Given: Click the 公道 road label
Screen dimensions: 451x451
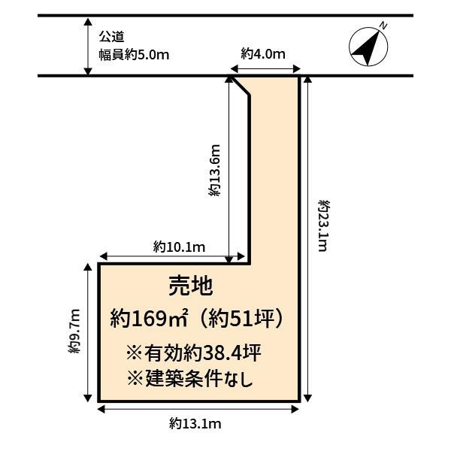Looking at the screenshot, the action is pos(112,37).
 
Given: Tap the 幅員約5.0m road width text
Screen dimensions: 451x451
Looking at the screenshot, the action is pos(134,55).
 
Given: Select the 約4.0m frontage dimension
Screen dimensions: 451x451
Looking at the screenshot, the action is pos(263,54).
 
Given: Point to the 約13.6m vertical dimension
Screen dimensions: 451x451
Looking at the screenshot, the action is pos(214,171).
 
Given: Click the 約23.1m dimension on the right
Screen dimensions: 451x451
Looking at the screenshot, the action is pos(324,225).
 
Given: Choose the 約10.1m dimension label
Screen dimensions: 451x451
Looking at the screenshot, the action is pos(179,247).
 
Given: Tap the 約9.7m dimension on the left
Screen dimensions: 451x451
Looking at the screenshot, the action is pos(74,331).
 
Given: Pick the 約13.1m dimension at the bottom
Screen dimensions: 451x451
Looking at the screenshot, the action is pos(195,424).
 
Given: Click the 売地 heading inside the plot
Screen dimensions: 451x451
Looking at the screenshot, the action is pos(190,286).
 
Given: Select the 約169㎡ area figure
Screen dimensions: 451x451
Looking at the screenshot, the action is pos(150,318).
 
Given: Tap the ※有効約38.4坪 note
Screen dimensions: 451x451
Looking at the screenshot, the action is pos(194,353).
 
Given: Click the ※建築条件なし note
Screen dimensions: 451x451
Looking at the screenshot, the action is pos(190,378).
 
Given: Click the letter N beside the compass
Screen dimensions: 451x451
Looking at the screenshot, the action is pos(383,26).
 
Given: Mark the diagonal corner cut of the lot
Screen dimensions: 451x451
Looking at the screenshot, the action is pos(241,86).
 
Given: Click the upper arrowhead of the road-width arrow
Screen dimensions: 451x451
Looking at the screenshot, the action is pos(88,22).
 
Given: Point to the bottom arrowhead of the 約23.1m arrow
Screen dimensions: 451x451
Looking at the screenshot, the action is pos(307,398).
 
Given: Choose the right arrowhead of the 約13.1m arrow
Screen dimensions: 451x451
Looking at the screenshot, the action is pos(295,410).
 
